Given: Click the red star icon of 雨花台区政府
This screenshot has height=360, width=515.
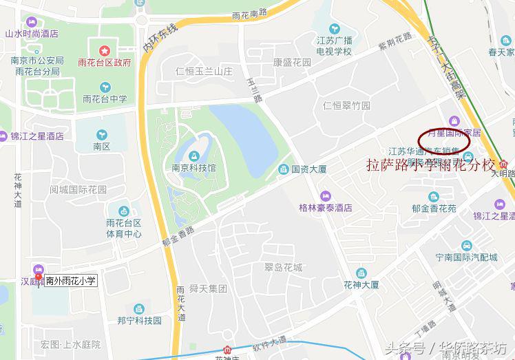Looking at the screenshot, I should (x=104, y=50).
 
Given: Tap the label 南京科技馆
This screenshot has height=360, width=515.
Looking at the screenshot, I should (x=194, y=167).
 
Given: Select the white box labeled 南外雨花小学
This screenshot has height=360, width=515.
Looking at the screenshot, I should (x=71, y=281).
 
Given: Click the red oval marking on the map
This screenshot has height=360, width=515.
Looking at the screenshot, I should (x=444, y=140).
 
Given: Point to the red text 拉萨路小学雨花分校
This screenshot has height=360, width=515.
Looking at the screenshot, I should (x=430, y=165).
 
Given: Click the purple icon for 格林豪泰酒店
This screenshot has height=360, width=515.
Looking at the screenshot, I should (x=326, y=195).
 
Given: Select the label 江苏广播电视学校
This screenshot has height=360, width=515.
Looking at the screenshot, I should (x=334, y=46).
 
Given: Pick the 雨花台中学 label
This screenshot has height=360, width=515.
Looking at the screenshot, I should (x=105, y=98).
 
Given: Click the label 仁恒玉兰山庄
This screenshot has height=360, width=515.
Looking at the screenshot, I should (x=204, y=71).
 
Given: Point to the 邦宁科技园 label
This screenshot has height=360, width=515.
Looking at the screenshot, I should (x=139, y=320).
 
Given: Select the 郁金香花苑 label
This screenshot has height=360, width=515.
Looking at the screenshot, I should (x=434, y=210).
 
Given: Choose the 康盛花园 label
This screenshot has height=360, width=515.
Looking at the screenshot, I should (x=293, y=62).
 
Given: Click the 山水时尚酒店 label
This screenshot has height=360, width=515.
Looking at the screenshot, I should (x=32, y=34).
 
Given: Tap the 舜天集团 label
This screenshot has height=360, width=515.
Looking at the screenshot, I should (x=207, y=289).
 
